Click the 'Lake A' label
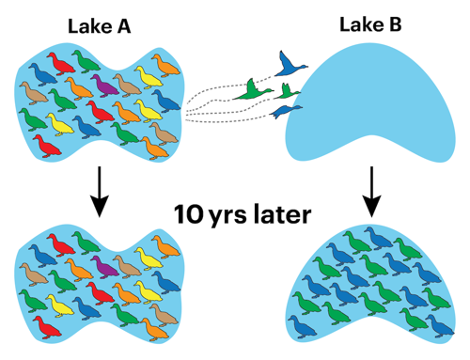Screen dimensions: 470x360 pos(98,25)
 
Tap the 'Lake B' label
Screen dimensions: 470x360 pos(369,25)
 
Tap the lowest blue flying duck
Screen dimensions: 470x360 pos(282,112)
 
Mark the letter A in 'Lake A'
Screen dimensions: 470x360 pos(123,25)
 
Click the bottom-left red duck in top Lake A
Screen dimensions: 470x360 pos(45,144)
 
